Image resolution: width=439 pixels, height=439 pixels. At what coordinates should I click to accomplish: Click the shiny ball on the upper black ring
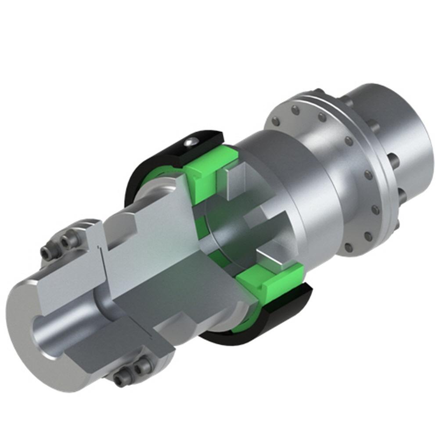click(x=190, y=141)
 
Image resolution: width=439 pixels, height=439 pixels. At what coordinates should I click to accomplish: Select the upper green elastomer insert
click(x=206, y=169)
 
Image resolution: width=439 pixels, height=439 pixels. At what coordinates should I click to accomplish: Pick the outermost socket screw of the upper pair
click(x=48, y=252)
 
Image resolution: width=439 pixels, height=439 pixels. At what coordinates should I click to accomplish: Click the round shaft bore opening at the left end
click(x=50, y=334)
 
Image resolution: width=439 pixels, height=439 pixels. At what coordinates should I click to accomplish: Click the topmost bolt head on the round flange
click(x=295, y=109)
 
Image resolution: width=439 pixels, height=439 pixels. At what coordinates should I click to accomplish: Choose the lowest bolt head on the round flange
click(x=348, y=248)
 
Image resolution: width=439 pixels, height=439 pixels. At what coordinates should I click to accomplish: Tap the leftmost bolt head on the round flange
click(x=276, y=122)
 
